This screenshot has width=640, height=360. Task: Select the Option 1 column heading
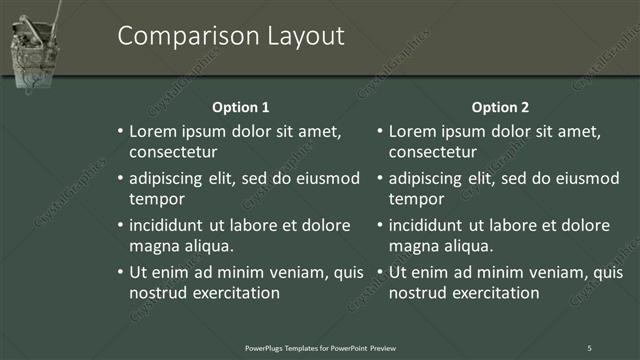click(x=241, y=107)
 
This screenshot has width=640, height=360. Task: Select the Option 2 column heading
click(x=500, y=107)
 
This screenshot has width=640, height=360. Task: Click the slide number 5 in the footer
click(x=589, y=347)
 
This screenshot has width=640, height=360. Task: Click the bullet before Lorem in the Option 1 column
click(x=120, y=132)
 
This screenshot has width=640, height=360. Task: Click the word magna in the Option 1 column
click(x=153, y=246)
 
